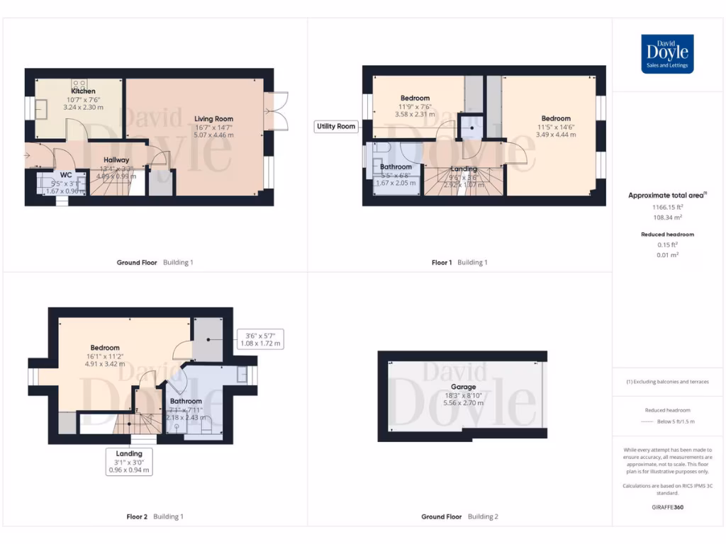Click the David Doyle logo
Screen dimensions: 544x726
point(667,54)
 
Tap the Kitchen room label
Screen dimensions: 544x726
point(83,91)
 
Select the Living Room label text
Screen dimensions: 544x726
point(213,119)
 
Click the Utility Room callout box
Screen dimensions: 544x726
point(336,126)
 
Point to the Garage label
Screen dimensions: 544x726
point(464,387)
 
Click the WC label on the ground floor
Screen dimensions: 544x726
point(66,174)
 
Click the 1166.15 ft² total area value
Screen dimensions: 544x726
point(667,208)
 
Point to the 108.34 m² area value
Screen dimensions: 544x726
point(667,218)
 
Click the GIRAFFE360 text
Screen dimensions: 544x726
point(666,507)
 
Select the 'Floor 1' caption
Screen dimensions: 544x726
point(442,263)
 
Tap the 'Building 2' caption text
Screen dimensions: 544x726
point(482,517)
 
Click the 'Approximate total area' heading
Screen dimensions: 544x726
point(666,195)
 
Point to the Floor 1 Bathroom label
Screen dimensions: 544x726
point(395,167)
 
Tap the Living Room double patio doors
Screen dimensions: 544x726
point(277,111)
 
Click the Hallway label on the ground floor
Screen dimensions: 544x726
point(116,160)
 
